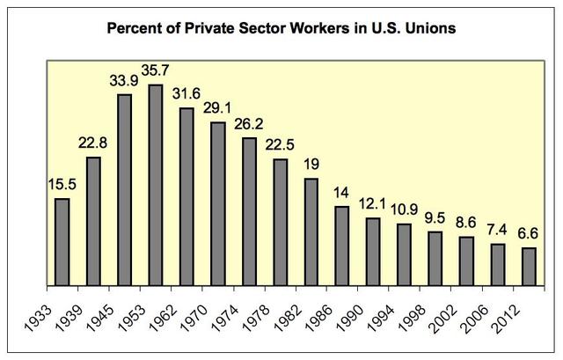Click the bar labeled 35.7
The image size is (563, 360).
(156, 185)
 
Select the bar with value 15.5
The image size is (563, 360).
(62, 242)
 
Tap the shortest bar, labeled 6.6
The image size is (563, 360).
(529, 267)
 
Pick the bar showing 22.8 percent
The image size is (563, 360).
(93, 221)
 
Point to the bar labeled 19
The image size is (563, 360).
(310, 231)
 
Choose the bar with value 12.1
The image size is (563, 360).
(373, 252)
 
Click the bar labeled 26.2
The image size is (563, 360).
(249, 211)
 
